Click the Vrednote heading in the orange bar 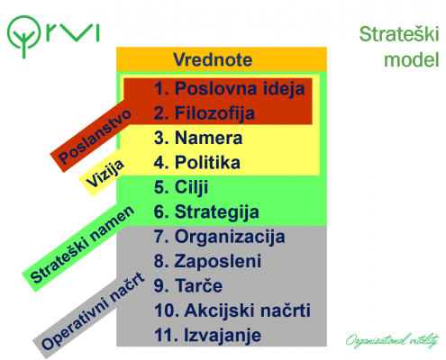(x=213, y=59)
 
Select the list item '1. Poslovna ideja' (x=229, y=89)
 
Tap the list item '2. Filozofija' (x=205, y=113)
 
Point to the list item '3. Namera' (x=198, y=138)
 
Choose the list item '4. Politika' (x=197, y=163)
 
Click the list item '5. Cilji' (x=181, y=187)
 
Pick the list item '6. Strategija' (x=206, y=212)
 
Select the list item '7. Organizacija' (x=219, y=237)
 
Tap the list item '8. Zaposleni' (x=207, y=261)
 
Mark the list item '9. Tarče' (x=188, y=285)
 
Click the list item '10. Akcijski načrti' (x=232, y=310)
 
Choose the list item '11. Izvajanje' (x=207, y=336)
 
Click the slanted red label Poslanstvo (x=95, y=137)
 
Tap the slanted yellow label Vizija (x=104, y=174)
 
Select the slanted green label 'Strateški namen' (x=82, y=245)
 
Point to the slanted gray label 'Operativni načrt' (x=93, y=311)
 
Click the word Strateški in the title (x=399, y=34)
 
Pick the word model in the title (x=412, y=59)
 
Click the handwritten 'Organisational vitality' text (x=392, y=340)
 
